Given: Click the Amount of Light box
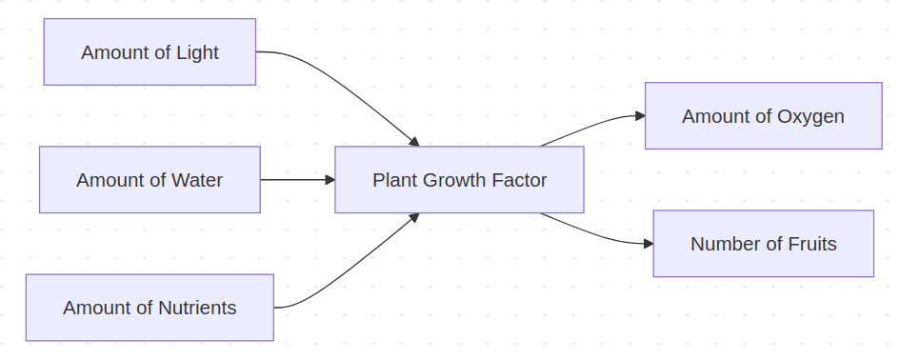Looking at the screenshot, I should coord(150,51).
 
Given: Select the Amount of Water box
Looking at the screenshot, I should coord(150,179).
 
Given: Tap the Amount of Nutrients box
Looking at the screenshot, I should coord(150,307).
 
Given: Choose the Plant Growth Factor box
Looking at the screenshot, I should coord(459,179).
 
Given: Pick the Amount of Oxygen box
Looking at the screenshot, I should coord(763,115).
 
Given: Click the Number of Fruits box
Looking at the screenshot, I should coord(763,243).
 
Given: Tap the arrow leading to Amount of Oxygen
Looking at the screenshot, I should coord(595,128).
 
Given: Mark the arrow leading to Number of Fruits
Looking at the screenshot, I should coord(595,232).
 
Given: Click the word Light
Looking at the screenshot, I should coord(198,52).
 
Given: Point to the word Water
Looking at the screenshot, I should coord(198,180).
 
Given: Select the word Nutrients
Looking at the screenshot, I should coord(197,308).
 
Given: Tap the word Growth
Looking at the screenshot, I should coord(457,180).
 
